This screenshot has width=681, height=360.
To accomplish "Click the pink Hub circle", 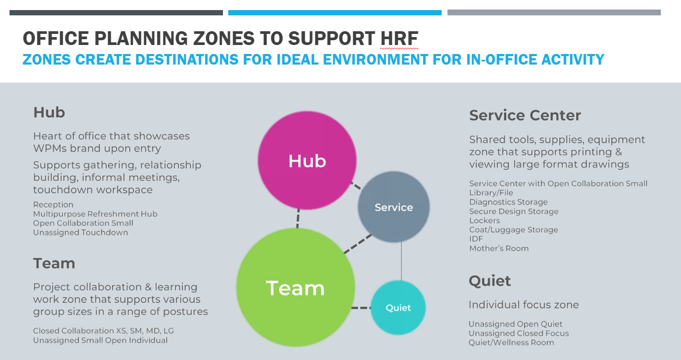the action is tap(307, 160).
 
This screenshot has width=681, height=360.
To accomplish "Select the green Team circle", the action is tap(295, 287).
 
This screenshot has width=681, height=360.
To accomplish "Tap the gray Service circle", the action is tap(393, 207).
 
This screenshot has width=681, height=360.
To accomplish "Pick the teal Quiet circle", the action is tap(398, 308).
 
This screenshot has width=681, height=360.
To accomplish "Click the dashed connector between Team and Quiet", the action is tap(361, 308).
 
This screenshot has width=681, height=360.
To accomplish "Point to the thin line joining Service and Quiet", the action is tap(401, 261).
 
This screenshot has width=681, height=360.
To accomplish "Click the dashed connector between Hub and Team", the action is tap(298, 219).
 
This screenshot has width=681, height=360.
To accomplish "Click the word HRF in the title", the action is tap(399, 38).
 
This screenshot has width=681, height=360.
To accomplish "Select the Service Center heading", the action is tap(525, 115).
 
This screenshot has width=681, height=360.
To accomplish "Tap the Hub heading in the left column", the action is tap(49, 112).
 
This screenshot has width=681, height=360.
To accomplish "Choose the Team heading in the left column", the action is tap(54, 263).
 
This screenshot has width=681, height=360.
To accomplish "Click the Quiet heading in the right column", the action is tap(490, 281).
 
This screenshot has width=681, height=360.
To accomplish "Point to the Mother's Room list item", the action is tap(499, 248).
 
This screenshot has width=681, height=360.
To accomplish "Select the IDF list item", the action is tap(476, 239).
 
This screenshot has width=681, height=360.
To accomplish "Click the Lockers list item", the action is tap(485, 220).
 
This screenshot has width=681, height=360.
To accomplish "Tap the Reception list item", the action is tap(53, 205).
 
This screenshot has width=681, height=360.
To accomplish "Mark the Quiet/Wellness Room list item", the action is tap(512, 343).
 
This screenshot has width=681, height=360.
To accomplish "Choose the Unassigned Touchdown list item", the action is tap(80, 232).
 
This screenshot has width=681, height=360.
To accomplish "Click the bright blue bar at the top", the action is tap(335, 13).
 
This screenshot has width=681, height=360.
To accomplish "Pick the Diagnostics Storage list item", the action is tap(508, 202).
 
